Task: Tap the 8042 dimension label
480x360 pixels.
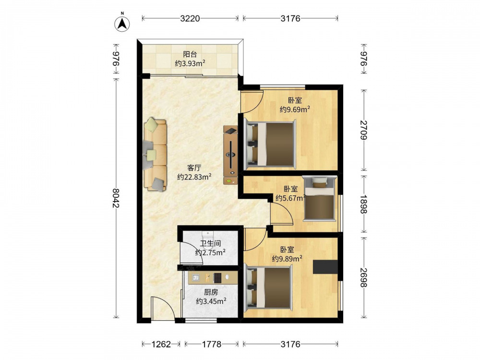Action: (x=116, y=198)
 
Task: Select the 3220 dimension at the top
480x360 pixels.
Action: (x=190, y=19)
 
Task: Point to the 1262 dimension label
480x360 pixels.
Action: (x=161, y=344)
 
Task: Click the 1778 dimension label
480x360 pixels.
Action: (x=212, y=344)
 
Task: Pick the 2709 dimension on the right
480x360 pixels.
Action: (x=364, y=130)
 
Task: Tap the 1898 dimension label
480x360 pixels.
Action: (x=364, y=205)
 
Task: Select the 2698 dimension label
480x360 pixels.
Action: (x=364, y=277)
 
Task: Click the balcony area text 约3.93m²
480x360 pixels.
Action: (x=190, y=63)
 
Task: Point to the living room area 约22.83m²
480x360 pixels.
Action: (x=194, y=177)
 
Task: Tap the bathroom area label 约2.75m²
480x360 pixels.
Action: (x=211, y=252)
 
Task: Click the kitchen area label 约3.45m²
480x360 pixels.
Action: (x=211, y=301)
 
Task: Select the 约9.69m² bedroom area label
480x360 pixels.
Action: (x=295, y=109)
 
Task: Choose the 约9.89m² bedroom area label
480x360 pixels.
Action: (x=288, y=259)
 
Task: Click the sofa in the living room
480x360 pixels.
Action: (x=155, y=155)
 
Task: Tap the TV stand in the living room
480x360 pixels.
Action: (x=230, y=155)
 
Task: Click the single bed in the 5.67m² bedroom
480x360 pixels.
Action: (x=319, y=198)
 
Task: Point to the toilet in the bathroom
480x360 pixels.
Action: (x=208, y=236)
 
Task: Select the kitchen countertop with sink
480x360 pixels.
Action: (x=213, y=277)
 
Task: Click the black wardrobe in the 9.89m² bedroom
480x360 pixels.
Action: (x=325, y=267)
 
